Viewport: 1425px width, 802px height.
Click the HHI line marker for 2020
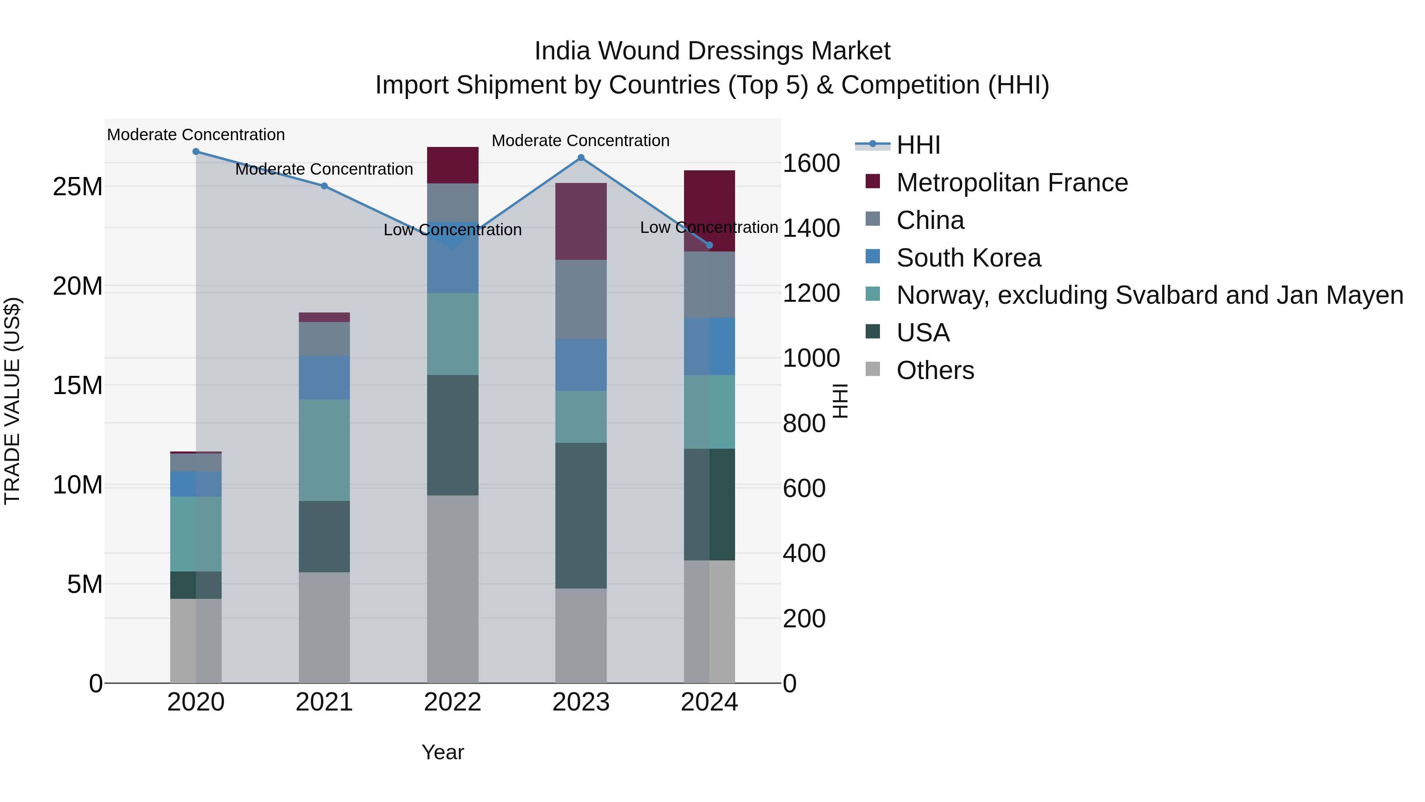(x=196, y=152)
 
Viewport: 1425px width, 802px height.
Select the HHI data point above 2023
(x=581, y=158)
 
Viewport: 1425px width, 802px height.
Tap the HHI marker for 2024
(x=710, y=245)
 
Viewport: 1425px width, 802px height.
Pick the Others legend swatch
(x=872, y=369)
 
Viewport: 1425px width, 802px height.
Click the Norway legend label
(x=1149, y=295)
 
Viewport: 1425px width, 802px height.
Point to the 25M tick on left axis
(x=78, y=187)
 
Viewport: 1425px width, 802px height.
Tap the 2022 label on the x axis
(x=452, y=702)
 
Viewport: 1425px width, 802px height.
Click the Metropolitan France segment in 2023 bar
(x=581, y=221)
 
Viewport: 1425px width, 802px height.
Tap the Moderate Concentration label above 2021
(x=324, y=170)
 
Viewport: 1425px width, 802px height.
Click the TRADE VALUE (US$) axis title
(x=12, y=401)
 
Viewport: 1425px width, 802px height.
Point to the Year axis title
(x=443, y=752)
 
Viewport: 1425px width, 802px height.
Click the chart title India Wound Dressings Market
(x=712, y=51)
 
